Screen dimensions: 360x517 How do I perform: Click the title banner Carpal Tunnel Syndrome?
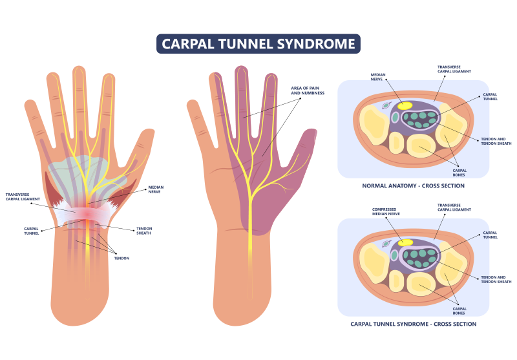coord(258,44)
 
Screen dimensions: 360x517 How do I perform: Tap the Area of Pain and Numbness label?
coord(308,91)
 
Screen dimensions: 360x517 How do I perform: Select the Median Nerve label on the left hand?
coord(156,189)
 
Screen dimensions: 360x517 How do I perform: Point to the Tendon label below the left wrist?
coord(121,258)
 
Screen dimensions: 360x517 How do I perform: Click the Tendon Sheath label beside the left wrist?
coord(143,231)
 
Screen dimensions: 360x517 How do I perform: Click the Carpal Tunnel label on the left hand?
coord(32,231)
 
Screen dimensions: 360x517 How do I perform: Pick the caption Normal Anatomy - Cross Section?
coord(413,185)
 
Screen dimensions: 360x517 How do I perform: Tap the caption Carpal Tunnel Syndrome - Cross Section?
coord(413,323)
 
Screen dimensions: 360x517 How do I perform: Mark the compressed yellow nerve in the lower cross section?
coord(405,242)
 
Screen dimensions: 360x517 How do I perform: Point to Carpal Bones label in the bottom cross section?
coord(459,310)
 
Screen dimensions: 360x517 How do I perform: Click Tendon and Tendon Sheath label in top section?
coord(495,142)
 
